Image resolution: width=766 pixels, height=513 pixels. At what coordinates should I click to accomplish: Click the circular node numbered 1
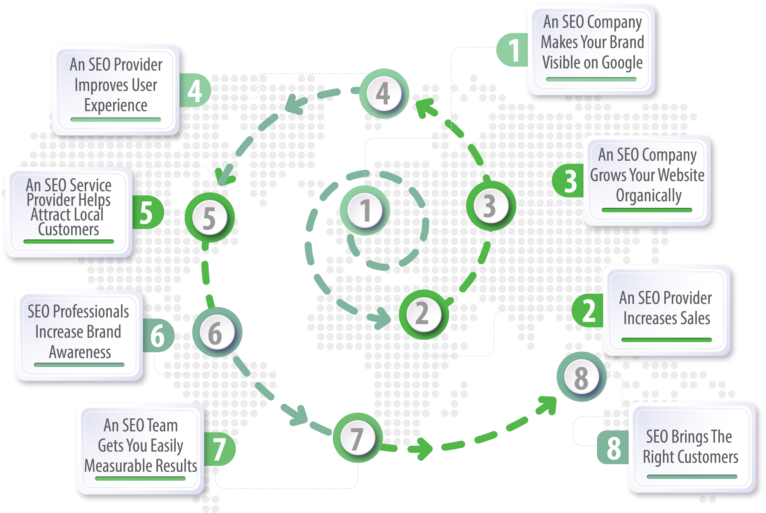(365, 210)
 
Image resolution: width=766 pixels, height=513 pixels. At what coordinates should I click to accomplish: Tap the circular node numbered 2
(424, 314)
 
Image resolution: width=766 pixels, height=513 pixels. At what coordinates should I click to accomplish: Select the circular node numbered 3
(491, 206)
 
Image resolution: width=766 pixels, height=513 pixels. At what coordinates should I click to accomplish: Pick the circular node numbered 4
(384, 94)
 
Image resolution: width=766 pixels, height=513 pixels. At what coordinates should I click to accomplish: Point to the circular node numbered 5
(210, 218)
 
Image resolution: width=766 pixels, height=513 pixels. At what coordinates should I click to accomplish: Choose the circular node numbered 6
(217, 333)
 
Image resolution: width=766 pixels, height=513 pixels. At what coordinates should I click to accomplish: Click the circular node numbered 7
(358, 438)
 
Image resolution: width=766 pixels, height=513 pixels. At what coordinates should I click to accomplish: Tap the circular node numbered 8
(582, 377)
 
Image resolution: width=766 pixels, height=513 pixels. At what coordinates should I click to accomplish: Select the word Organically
(649, 196)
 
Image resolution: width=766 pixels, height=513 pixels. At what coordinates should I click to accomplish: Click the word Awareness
(80, 352)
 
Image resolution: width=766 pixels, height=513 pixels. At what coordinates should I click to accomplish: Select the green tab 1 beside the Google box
(513, 50)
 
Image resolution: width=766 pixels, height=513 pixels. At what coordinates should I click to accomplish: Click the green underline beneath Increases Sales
(667, 340)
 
